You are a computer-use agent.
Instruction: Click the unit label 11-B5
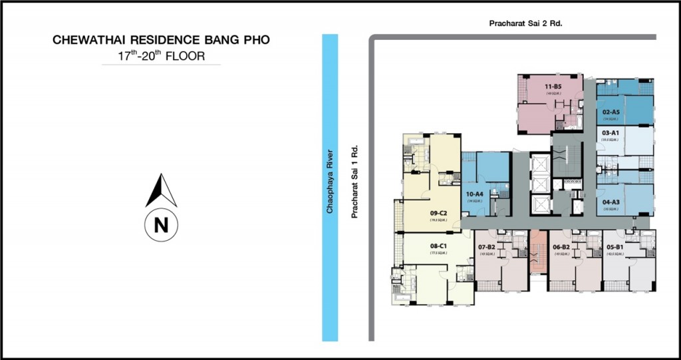(553, 87)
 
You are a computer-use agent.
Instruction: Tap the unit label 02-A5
(611, 112)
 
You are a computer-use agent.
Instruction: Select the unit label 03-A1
(611, 133)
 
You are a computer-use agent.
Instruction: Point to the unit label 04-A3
(611, 202)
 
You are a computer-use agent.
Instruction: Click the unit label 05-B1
(615, 247)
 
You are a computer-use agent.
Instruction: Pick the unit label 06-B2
(561, 247)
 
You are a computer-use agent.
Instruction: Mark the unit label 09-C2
(437, 214)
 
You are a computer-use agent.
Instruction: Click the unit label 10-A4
(474, 194)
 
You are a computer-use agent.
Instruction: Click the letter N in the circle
(161, 225)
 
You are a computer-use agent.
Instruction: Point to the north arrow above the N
(161, 190)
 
